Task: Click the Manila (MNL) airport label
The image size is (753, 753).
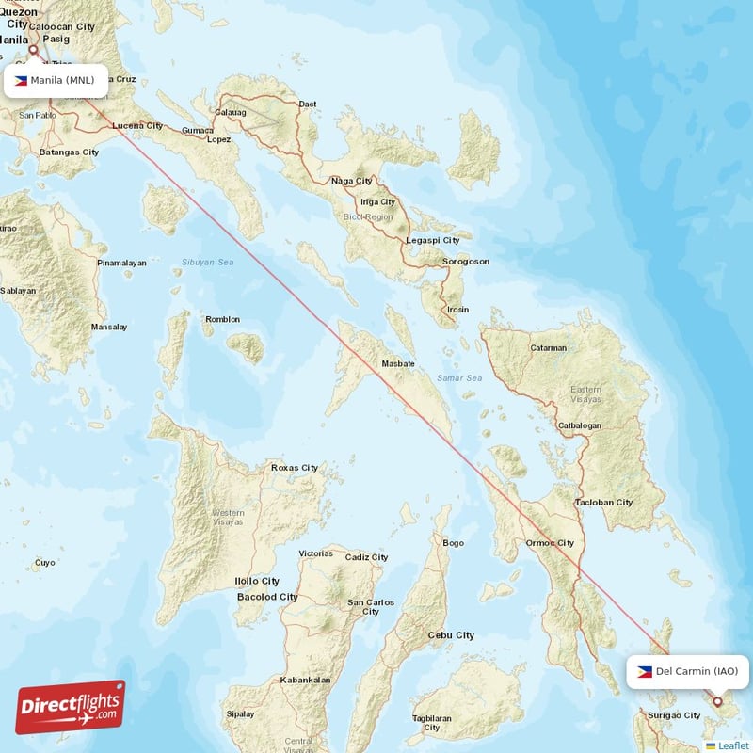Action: click(x=55, y=80)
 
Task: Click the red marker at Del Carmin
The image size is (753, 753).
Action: click(x=717, y=701)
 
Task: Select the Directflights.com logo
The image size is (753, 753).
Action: click(x=70, y=707)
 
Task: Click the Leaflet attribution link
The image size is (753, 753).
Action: click(x=732, y=745)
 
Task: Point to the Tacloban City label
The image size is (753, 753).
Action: click(x=604, y=502)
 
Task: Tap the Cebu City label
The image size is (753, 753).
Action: click(x=452, y=635)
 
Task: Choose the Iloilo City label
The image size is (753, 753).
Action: click(x=257, y=582)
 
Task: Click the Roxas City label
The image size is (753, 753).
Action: click(x=295, y=467)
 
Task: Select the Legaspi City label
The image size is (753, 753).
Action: click(x=432, y=240)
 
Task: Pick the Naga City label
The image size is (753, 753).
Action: click(x=351, y=181)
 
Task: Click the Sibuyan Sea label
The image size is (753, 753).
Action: click(x=208, y=263)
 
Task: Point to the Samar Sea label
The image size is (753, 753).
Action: click(x=459, y=378)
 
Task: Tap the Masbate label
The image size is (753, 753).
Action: click(x=399, y=363)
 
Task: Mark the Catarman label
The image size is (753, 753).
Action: click(x=548, y=347)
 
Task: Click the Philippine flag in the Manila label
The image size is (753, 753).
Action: click(x=21, y=80)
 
